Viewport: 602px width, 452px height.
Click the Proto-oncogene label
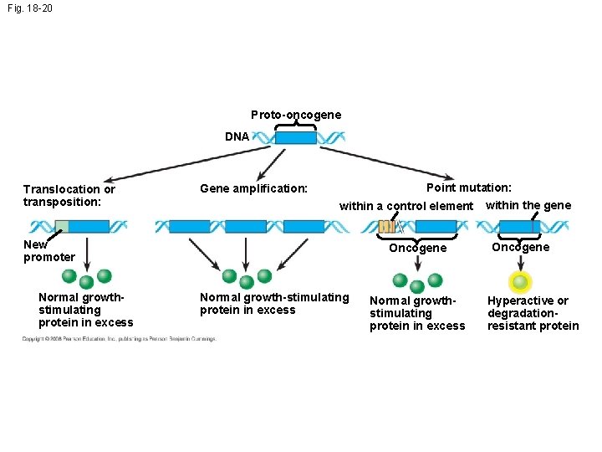pos(296,115)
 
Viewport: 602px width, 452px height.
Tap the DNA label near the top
pos(237,136)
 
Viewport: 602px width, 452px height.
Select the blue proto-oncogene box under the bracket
pos(296,137)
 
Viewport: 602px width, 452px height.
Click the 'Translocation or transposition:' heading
pos(69,195)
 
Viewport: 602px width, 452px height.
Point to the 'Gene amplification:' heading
pos(253,189)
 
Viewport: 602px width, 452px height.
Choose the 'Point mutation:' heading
pos(469,188)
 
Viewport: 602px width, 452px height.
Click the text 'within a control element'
pos(406,206)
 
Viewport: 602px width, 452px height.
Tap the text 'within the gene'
pos(528,205)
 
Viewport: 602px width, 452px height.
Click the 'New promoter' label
pos(48,250)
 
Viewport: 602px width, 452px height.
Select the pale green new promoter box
pos(62,226)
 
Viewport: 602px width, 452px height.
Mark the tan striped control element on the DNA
pos(386,226)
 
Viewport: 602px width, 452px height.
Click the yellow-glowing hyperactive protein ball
pos(521,282)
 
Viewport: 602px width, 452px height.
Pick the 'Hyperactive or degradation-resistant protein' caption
pos(533,313)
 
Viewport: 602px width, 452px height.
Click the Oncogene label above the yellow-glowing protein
pos(520,247)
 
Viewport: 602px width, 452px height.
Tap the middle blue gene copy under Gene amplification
pos(246,226)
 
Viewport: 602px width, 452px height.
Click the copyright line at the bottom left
pos(119,339)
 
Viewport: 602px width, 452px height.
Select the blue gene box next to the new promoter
pos(89,226)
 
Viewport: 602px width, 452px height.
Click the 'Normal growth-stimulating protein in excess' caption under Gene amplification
pos(274,303)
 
